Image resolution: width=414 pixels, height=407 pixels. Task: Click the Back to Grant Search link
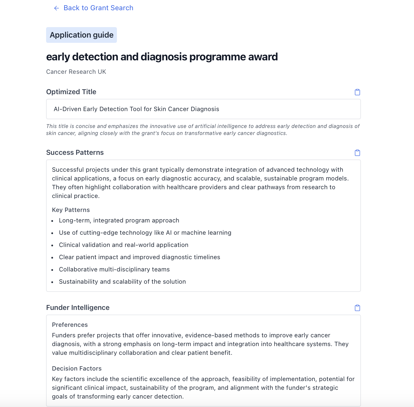click(x=98, y=8)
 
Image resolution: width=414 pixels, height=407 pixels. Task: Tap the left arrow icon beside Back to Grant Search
click(x=57, y=8)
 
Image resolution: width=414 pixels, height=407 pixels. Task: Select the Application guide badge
click(x=81, y=35)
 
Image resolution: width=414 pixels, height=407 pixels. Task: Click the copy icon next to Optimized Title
click(x=357, y=92)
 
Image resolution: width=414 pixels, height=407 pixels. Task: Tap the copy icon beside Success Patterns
click(x=357, y=153)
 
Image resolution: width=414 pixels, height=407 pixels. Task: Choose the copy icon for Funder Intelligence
click(x=357, y=308)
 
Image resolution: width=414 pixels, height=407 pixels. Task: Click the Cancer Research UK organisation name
click(x=76, y=72)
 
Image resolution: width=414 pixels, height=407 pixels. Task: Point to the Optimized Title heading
click(x=71, y=92)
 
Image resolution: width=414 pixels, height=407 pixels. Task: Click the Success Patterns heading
click(x=75, y=152)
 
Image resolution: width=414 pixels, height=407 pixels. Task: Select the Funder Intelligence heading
click(x=78, y=308)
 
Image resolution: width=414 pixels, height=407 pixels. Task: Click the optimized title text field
click(x=203, y=109)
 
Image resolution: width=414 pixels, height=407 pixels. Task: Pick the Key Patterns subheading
click(x=71, y=210)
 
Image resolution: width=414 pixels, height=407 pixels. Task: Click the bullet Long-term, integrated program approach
click(x=119, y=220)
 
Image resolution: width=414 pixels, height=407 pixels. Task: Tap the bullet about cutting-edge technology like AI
click(x=145, y=233)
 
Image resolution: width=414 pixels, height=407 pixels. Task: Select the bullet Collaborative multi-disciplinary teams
click(x=114, y=269)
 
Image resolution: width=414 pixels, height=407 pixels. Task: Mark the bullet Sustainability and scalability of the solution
click(x=122, y=282)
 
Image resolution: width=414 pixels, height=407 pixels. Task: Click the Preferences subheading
click(x=70, y=325)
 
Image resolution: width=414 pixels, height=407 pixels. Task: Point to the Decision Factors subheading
click(x=77, y=369)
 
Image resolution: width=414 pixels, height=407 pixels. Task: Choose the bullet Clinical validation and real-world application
click(x=124, y=245)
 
